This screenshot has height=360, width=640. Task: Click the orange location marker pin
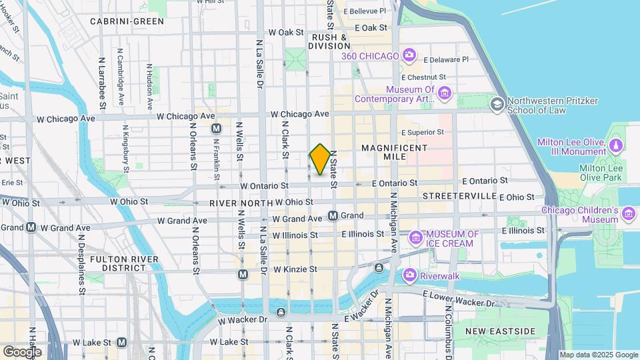[x=320, y=159]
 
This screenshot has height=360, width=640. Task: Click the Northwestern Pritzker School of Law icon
[x=497, y=104]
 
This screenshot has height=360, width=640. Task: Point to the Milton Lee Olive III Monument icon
[x=615, y=145]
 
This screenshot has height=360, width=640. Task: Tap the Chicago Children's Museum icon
[x=629, y=213]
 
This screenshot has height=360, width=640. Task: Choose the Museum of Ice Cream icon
[x=417, y=237]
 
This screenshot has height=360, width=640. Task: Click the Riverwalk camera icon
[x=409, y=274]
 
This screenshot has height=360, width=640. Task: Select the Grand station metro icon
[x=333, y=216]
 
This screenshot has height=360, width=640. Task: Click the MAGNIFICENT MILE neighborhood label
[x=393, y=151]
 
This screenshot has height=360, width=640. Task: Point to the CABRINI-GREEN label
[x=127, y=21]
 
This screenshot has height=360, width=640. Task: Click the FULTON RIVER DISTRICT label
[x=118, y=263]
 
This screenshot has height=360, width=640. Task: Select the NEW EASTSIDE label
[x=501, y=331]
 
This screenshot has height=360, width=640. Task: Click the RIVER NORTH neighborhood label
[x=241, y=203]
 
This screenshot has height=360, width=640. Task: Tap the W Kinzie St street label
[x=295, y=269]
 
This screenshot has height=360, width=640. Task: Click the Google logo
[x=22, y=351]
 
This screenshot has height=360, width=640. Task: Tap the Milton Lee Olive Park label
[x=601, y=173]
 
